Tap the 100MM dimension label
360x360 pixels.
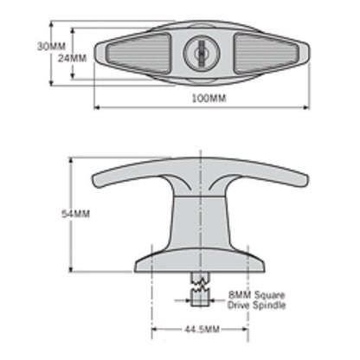208,99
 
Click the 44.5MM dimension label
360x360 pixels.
202,331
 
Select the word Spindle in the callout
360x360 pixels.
270,305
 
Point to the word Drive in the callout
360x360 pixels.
240,305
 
